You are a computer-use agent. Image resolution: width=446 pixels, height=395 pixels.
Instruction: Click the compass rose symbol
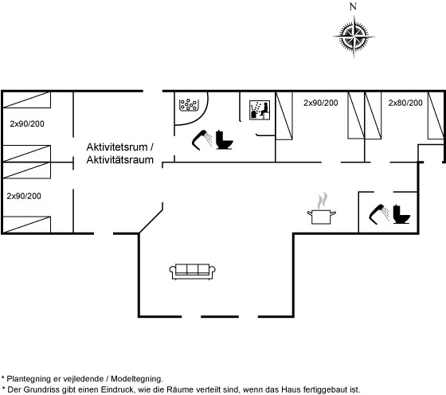(354, 37)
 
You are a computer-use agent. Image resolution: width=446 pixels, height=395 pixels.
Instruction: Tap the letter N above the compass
(353, 6)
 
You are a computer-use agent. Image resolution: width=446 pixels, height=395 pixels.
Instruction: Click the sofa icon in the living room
(192, 272)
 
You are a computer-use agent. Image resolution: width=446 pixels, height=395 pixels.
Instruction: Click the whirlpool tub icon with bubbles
(189, 104)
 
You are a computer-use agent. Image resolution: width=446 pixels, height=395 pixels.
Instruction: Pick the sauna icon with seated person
(260, 110)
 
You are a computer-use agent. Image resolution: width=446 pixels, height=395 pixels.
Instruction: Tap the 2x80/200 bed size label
(405, 103)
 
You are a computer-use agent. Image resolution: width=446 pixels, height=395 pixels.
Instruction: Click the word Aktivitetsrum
(117, 147)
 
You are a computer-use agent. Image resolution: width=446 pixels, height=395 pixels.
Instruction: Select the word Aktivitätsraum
(119, 160)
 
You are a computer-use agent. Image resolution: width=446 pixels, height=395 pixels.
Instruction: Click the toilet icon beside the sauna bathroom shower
(224, 140)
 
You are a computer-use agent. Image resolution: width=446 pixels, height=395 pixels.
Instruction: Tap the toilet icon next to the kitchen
(401, 214)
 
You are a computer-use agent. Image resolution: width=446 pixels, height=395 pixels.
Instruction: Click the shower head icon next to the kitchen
(379, 214)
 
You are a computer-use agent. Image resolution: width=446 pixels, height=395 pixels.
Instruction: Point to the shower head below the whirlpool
(202, 140)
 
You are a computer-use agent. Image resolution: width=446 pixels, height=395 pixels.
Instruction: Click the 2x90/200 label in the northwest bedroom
(27, 123)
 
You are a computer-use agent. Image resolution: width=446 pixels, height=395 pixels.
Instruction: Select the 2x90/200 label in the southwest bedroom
(24, 196)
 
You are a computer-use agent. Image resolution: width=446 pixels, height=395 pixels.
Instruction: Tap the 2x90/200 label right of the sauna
(320, 103)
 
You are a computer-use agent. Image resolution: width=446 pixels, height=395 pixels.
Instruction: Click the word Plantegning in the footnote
(26, 379)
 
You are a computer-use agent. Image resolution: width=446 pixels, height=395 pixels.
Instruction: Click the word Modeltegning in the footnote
(137, 379)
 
